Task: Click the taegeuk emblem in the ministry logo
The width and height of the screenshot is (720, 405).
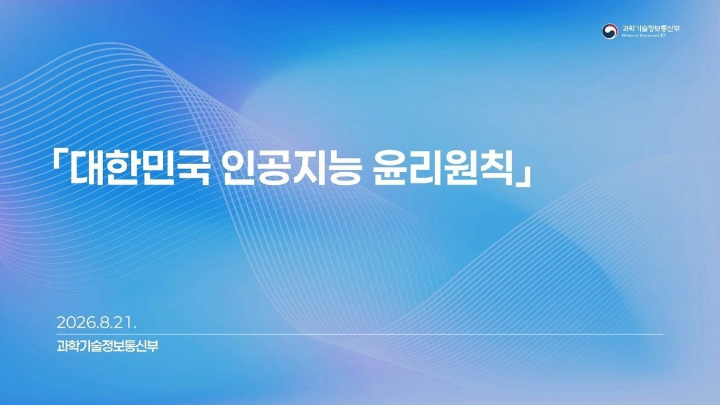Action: (x=610, y=31)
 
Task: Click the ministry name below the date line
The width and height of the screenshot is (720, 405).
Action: (x=107, y=346)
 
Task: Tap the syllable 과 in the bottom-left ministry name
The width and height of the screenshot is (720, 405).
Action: (x=62, y=346)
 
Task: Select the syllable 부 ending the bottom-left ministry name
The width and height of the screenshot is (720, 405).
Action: (x=153, y=346)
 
